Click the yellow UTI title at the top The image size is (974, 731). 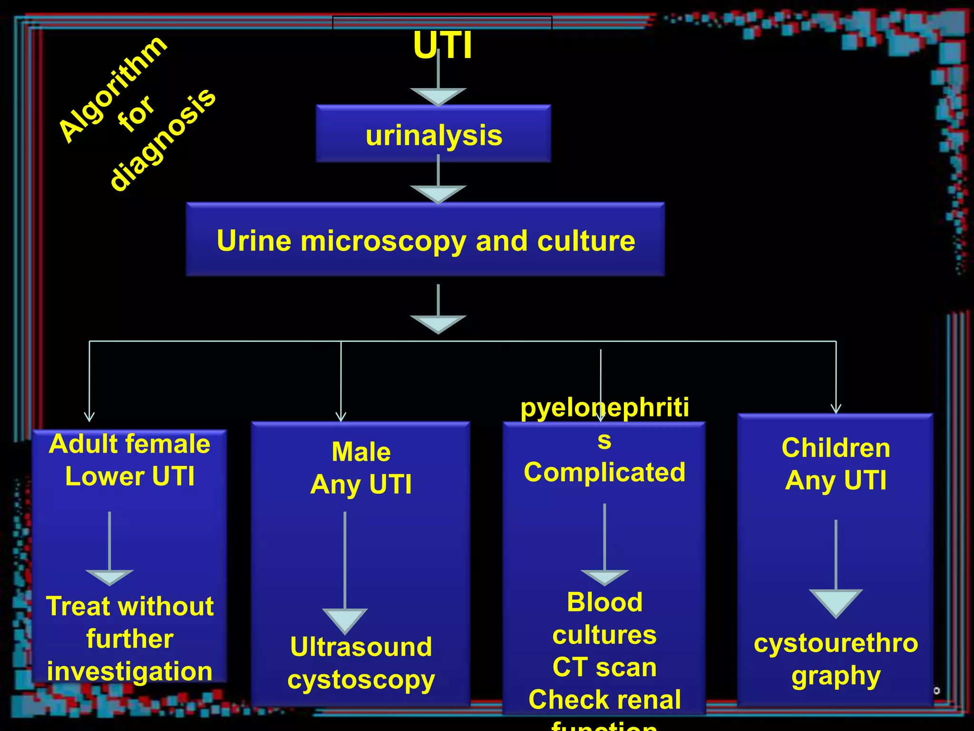click(442, 46)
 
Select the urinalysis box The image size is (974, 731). click(433, 135)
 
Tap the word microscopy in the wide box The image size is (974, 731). click(383, 241)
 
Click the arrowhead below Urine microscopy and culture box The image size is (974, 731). click(438, 324)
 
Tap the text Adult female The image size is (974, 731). click(129, 444)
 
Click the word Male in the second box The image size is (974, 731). click(361, 452)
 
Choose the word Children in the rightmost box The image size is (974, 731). click(836, 448)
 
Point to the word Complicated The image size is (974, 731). click(604, 472)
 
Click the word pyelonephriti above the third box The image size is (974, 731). click(604, 408)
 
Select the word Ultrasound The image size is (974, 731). click(361, 647)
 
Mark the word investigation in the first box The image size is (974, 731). click(129, 671)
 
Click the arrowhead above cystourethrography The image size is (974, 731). click(836, 603)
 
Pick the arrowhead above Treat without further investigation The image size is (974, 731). click(109, 577)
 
